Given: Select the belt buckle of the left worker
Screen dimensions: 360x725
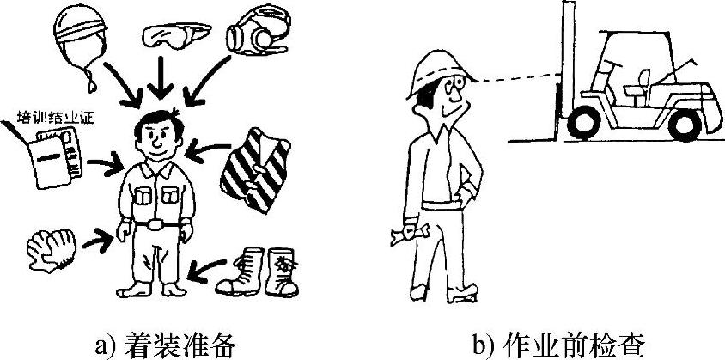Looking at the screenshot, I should click(x=156, y=225).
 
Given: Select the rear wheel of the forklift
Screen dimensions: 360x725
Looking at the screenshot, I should click(x=685, y=123).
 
